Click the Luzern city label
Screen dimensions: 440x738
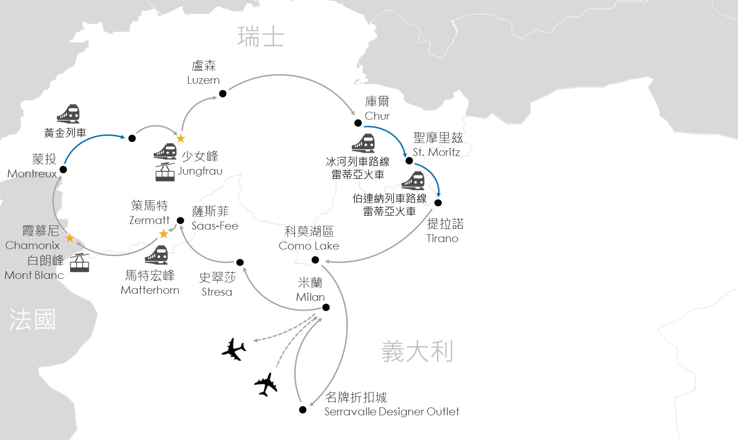pyautogui.click(x=203, y=80)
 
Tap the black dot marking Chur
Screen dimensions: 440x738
pyautogui.click(x=358, y=123)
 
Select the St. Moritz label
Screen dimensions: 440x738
pyautogui.click(x=436, y=152)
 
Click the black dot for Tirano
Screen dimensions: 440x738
pyautogui.click(x=438, y=203)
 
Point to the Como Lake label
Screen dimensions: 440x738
pyautogui.click(x=309, y=246)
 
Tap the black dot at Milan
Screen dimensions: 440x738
pyautogui.click(x=326, y=307)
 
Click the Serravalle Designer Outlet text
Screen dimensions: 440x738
pyautogui.click(x=392, y=412)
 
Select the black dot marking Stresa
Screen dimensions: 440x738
pyautogui.click(x=240, y=262)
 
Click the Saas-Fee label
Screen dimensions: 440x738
pyautogui.click(x=215, y=226)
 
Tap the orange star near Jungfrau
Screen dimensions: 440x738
pyautogui.click(x=180, y=138)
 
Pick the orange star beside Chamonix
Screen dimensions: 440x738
pyautogui.click(x=70, y=238)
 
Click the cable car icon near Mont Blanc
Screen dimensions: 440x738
pyautogui.click(x=80, y=263)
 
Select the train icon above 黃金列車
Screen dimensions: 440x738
pyautogui.click(x=68, y=114)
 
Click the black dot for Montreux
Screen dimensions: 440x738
pyautogui.click(x=63, y=169)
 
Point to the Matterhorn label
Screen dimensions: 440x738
pyautogui.click(x=150, y=290)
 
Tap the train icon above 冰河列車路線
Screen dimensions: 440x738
pyautogui.click(x=363, y=143)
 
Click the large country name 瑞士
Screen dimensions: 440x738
pyautogui.click(x=260, y=37)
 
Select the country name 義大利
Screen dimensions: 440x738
pyautogui.click(x=417, y=351)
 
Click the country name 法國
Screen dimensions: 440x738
pyautogui.click(x=33, y=320)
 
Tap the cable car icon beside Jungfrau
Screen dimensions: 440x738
pyautogui.click(x=165, y=172)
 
